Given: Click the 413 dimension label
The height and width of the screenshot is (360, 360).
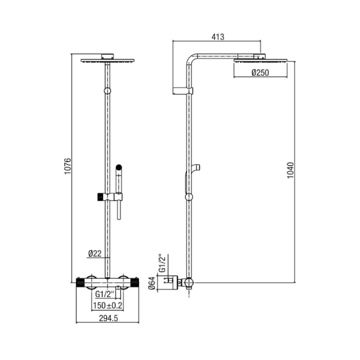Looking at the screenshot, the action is (218, 37).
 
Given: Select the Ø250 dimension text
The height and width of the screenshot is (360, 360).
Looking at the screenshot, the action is (260, 73).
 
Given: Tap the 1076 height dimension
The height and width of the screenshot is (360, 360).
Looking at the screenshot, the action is (68, 166).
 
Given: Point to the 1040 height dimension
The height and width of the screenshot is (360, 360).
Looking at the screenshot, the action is (291, 170).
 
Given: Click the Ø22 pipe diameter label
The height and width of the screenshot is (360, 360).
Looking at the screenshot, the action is (95, 253).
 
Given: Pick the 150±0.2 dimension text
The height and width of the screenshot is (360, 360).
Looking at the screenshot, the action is (107, 306).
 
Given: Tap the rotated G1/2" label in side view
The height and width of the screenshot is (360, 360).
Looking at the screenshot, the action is (162, 263).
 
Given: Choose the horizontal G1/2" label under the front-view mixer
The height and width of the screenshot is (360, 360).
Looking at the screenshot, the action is (105, 294).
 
